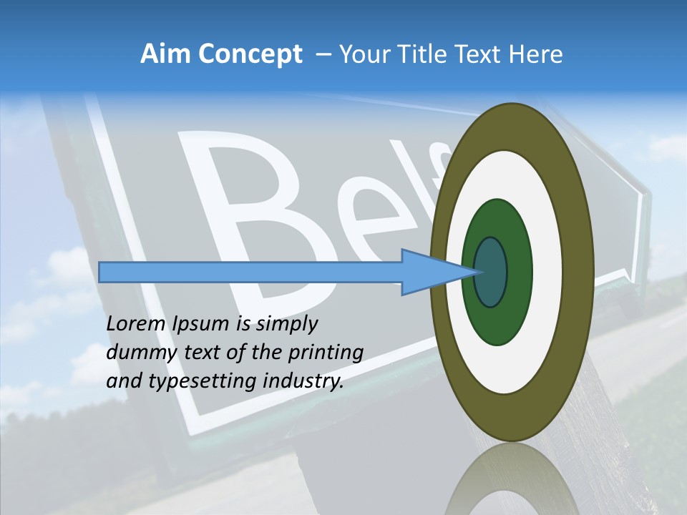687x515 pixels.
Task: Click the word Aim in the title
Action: coord(165,54)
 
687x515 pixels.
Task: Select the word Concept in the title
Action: coord(250,55)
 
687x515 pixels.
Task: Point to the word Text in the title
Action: coord(480,54)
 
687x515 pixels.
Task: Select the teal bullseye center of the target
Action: coord(490,272)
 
